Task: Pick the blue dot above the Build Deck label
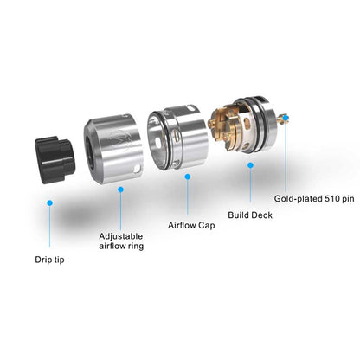click(250, 164)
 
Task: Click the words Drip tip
click(50, 259)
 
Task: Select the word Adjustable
click(121, 235)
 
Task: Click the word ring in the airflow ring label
click(133, 247)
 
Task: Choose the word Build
click(239, 215)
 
